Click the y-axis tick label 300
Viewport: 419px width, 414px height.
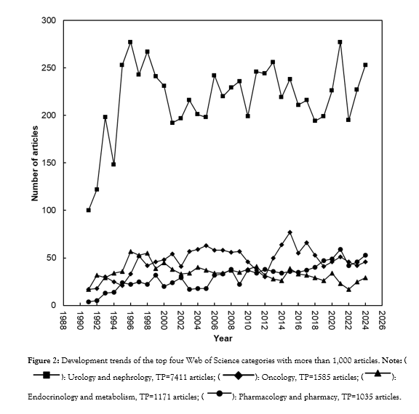(49, 20)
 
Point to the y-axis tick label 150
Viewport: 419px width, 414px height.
(49, 163)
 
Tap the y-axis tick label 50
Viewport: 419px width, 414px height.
(52, 258)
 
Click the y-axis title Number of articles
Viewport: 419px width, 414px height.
(34, 163)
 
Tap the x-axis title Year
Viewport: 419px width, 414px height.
(223, 338)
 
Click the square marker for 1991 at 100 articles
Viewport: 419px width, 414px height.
(89, 210)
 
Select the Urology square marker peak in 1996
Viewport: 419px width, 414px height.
(130, 42)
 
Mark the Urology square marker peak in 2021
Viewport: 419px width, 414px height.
(340, 42)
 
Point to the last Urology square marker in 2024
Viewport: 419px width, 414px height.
(365, 65)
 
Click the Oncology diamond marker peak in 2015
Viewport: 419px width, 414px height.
(290, 232)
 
